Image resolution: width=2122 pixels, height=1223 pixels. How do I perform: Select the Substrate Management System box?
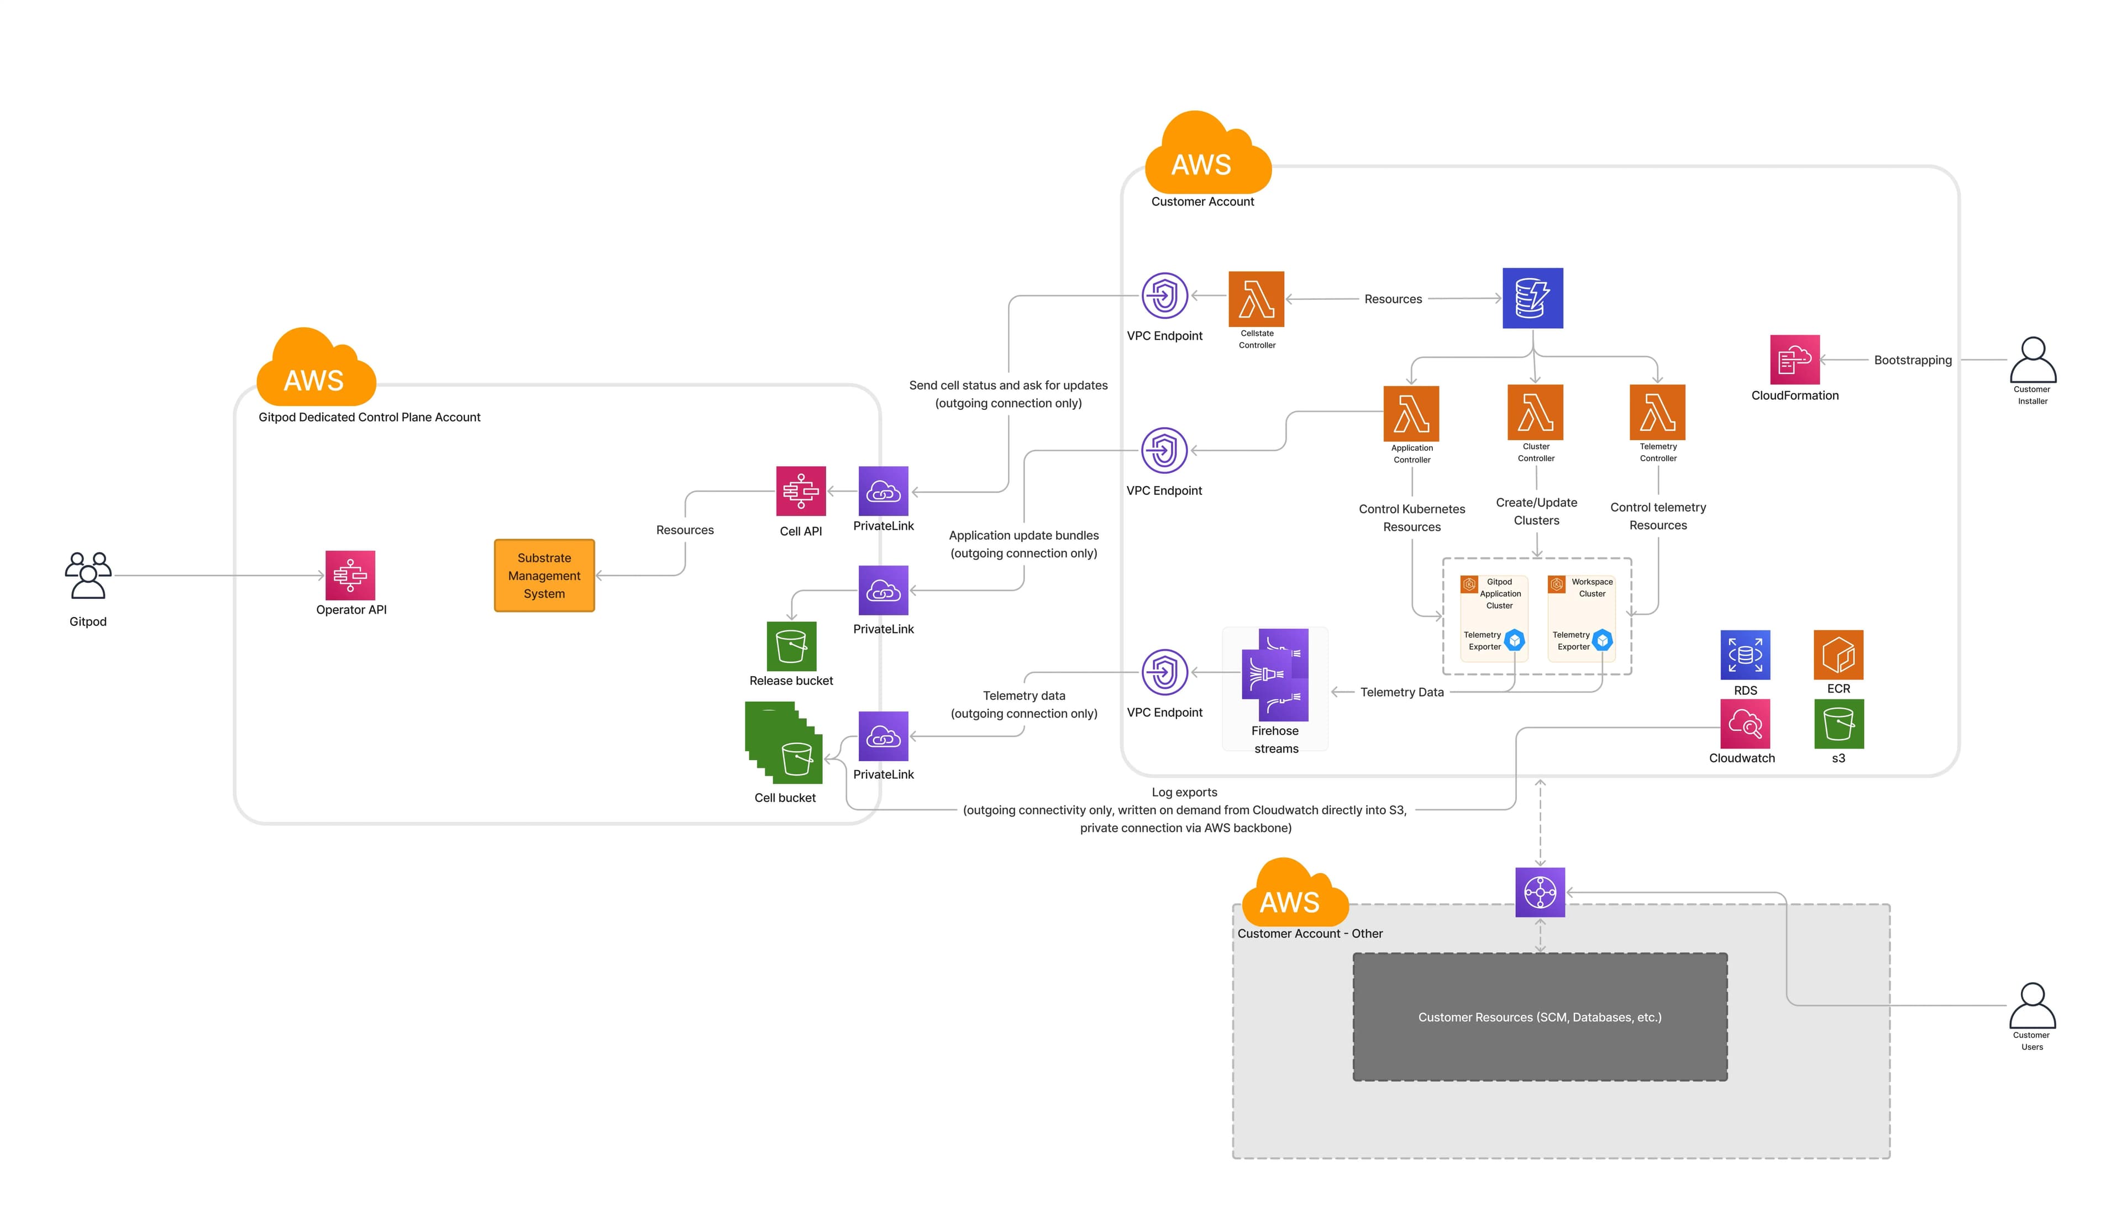point(544,576)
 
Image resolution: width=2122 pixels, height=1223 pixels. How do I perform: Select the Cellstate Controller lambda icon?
point(1256,298)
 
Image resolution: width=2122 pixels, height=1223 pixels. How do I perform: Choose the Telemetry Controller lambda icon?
point(1657,413)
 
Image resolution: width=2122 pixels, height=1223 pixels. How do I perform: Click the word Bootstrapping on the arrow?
point(1912,360)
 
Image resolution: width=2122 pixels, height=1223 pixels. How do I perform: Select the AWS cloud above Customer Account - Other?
point(1294,894)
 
